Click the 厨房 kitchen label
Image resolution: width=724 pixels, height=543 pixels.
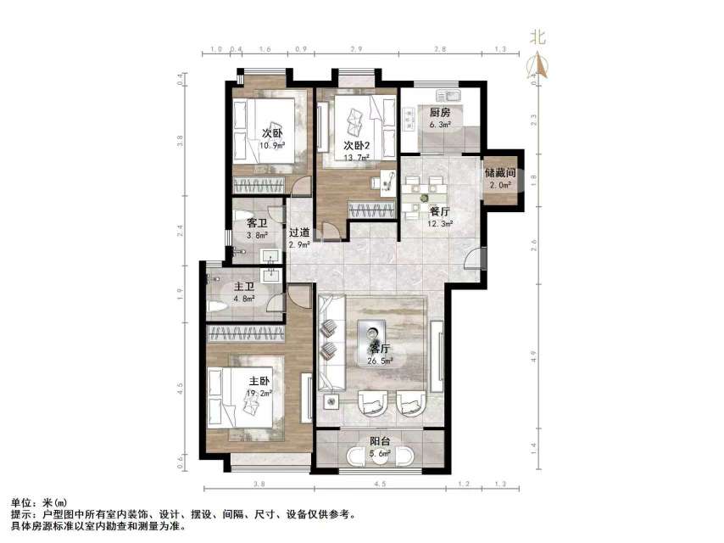tap(439, 112)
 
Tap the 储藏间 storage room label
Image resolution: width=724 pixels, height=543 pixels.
tap(501, 173)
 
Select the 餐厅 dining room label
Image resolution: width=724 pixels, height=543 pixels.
tap(439, 212)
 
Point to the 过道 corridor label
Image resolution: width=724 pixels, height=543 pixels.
tap(298, 233)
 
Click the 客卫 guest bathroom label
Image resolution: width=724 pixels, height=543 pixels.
tap(257, 224)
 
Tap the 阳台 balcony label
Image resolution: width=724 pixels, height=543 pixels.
tap(380, 441)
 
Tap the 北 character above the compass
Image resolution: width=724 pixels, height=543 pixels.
tap(537, 36)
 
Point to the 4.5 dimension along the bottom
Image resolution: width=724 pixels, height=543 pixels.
tap(381, 484)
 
